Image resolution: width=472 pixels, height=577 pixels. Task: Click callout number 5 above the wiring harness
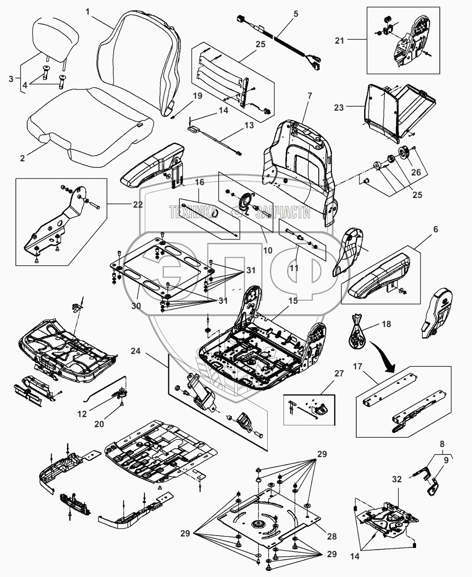(x=295, y=14)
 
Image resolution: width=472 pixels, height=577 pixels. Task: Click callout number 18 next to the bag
(x=386, y=324)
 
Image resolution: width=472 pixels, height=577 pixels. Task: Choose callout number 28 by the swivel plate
(x=332, y=536)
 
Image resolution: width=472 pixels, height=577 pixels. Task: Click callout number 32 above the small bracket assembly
(x=397, y=480)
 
